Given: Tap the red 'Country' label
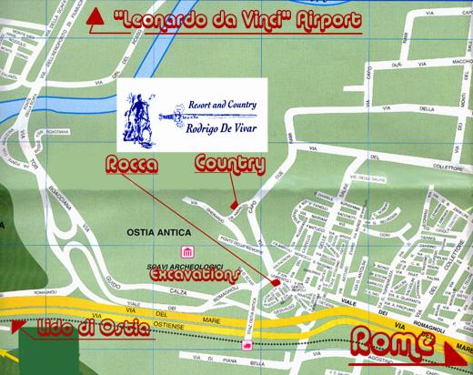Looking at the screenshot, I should point(228,165).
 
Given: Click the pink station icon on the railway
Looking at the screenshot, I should point(245,346).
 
